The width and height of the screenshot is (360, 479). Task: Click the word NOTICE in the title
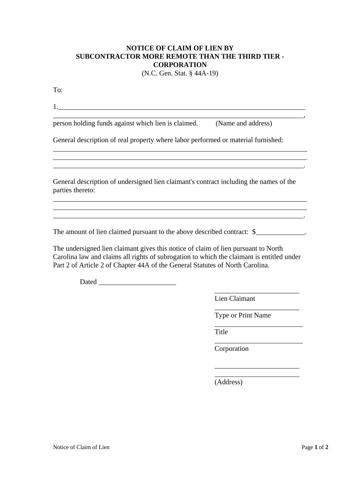(142, 48)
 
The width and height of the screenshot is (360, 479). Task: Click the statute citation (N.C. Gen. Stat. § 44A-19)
(180, 73)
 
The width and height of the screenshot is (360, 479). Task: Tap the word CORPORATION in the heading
(180, 65)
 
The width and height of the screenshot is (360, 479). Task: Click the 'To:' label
(58, 90)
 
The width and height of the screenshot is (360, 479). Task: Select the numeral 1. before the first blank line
(55, 107)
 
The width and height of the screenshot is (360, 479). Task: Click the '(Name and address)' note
(244, 123)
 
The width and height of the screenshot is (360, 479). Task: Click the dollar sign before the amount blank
(254, 232)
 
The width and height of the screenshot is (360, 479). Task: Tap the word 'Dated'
(88, 282)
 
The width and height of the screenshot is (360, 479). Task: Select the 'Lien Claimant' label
(235, 298)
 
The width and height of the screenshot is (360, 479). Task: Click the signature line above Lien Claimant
(257, 292)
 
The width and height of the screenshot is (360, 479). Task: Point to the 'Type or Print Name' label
(243, 315)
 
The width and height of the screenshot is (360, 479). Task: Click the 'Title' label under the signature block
(221, 332)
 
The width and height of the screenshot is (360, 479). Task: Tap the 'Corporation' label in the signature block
(231, 349)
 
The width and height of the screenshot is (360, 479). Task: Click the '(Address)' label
(229, 382)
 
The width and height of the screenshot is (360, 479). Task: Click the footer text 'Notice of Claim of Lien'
(81, 448)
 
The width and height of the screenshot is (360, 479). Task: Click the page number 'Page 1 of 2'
(315, 448)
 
